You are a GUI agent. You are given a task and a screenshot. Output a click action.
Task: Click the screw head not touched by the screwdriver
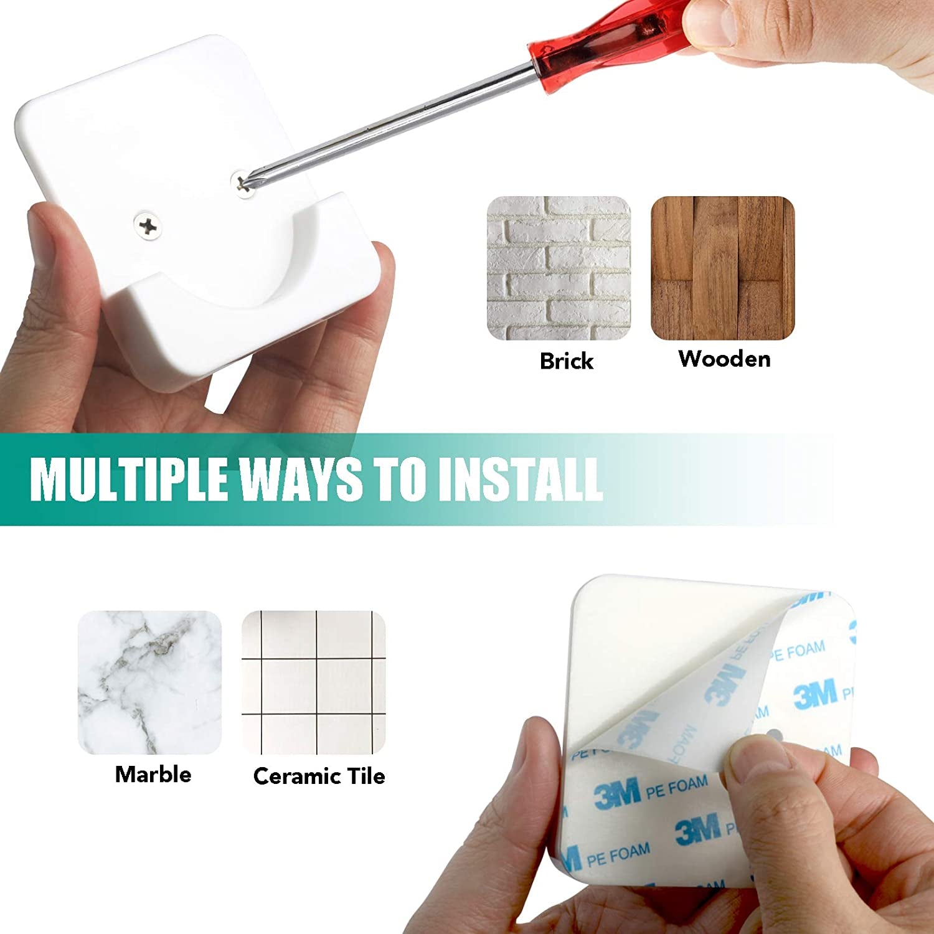point(148,227)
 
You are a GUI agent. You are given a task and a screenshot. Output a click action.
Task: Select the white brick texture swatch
point(559,268)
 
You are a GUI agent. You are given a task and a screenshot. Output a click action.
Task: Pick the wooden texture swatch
point(723,268)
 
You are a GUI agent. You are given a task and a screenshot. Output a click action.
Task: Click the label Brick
point(566,361)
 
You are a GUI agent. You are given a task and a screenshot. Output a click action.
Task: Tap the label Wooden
point(724,359)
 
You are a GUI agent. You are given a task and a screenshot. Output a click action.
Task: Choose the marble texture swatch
point(149,682)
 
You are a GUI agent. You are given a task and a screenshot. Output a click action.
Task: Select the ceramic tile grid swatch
point(314,682)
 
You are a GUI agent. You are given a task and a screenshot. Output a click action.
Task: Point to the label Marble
point(153,775)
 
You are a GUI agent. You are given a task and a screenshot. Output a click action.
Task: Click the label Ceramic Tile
point(319,776)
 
